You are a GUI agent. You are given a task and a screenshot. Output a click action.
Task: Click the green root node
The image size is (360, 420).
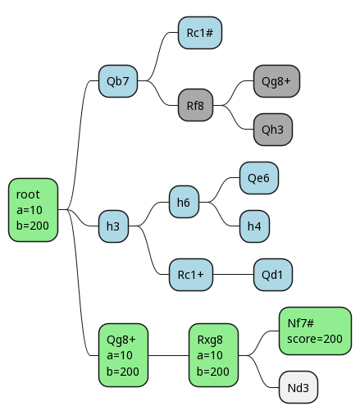pos(33,210)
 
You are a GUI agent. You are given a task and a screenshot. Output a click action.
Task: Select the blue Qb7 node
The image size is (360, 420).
pos(118,81)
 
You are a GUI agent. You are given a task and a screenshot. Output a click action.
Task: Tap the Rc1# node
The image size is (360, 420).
pos(200,33)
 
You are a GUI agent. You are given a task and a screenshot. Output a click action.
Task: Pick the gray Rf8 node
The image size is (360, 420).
pos(195,105)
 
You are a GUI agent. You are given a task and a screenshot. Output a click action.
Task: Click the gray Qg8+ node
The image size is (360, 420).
pos(276,81)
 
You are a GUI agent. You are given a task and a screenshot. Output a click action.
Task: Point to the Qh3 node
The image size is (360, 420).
pos(273,130)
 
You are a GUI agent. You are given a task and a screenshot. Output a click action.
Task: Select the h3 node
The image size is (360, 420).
pos(113,226)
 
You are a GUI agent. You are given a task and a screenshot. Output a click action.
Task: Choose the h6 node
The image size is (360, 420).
pos(184,202)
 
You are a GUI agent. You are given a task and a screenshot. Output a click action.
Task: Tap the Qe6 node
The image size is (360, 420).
pos(259,178)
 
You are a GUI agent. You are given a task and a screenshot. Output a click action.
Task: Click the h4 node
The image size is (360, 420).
pos(254,226)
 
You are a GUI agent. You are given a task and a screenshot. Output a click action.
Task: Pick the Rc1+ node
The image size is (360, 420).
pos(191,275)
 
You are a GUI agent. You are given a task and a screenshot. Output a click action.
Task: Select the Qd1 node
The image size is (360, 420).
pos(273,275)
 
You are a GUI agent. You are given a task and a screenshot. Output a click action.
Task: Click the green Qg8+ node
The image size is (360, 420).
pos(123,355)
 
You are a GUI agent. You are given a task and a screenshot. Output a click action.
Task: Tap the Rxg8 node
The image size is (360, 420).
pos(213,355)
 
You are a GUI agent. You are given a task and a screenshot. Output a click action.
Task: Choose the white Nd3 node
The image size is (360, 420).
pos(298,387)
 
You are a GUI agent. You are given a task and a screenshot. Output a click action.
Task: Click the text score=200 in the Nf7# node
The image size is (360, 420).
pos(315,339)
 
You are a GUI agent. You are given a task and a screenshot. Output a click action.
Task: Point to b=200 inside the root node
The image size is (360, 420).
pos(33,226)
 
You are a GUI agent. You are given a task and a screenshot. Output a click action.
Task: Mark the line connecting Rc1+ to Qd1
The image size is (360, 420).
pos(233,275)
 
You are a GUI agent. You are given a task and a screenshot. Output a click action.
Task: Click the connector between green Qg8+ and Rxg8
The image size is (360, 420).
pos(168,355)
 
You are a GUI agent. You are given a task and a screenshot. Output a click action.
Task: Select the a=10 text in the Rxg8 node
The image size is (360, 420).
pos(210,355)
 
